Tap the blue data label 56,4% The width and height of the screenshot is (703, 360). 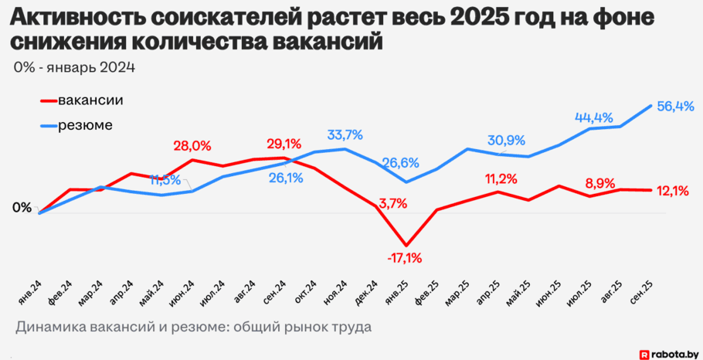pyautogui.click(x=675, y=107)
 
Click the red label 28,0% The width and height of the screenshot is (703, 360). pyautogui.click(x=192, y=145)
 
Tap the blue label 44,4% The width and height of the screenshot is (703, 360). pyautogui.click(x=593, y=117)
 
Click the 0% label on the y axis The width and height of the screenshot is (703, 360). pyautogui.click(x=22, y=208)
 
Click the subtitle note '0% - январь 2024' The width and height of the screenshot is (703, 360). pyautogui.click(x=74, y=68)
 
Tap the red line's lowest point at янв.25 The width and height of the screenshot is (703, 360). pyautogui.click(x=406, y=244)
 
